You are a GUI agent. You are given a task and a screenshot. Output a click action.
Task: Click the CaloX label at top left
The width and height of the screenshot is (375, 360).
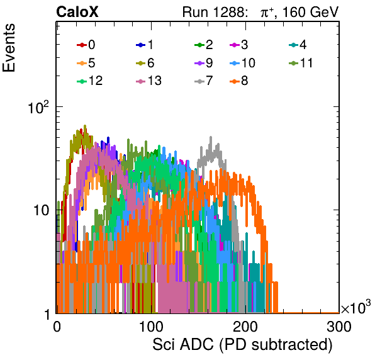pyautogui.click(x=77, y=12)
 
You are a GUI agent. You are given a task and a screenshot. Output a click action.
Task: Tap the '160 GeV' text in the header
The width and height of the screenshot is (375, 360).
pyautogui.click(x=311, y=12)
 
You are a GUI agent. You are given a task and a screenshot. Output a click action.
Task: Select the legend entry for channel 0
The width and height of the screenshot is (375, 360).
pyautogui.click(x=86, y=45)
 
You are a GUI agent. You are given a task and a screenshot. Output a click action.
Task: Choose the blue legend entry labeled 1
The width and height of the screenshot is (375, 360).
pyautogui.click(x=145, y=45)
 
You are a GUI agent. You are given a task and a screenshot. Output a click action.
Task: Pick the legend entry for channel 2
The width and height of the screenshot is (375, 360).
pyautogui.click(x=203, y=45)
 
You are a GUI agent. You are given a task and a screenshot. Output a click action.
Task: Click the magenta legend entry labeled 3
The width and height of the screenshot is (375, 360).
pyautogui.click(x=238, y=45)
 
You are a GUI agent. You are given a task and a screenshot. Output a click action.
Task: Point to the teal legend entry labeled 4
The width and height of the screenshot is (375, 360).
pyautogui.click(x=298, y=45)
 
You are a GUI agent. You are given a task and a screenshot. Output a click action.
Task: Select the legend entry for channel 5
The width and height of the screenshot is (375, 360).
pyautogui.click(x=86, y=63)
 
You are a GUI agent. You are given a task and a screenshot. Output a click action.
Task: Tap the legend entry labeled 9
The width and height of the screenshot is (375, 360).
pyautogui.click(x=203, y=63)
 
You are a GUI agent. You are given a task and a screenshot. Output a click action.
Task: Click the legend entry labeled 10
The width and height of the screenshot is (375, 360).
pyautogui.click(x=242, y=63)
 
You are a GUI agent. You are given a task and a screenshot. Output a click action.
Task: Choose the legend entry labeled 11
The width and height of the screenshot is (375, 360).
pyautogui.click(x=301, y=63)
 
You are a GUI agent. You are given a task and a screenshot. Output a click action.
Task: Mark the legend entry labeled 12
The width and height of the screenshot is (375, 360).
pyautogui.click(x=90, y=81)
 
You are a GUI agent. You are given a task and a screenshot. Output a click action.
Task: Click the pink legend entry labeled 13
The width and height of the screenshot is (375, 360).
pyautogui.click(x=148, y=81)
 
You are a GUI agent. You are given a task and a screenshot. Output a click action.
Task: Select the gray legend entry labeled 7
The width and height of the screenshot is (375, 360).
pyautogui.click(x=203, y=81)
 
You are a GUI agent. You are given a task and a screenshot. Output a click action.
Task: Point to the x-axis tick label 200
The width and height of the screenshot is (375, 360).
pyautogui.click(x=245, y=327)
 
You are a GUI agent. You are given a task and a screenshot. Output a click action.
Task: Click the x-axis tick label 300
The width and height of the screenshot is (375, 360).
pyautogui.click(x=339, y=327)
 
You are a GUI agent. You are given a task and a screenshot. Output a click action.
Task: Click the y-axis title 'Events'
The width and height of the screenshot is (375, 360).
pyautogui.click(x=9, y=48)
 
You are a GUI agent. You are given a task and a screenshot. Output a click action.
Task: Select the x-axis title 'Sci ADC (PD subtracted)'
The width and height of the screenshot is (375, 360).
pyautogui.click(x=242, y=345)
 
